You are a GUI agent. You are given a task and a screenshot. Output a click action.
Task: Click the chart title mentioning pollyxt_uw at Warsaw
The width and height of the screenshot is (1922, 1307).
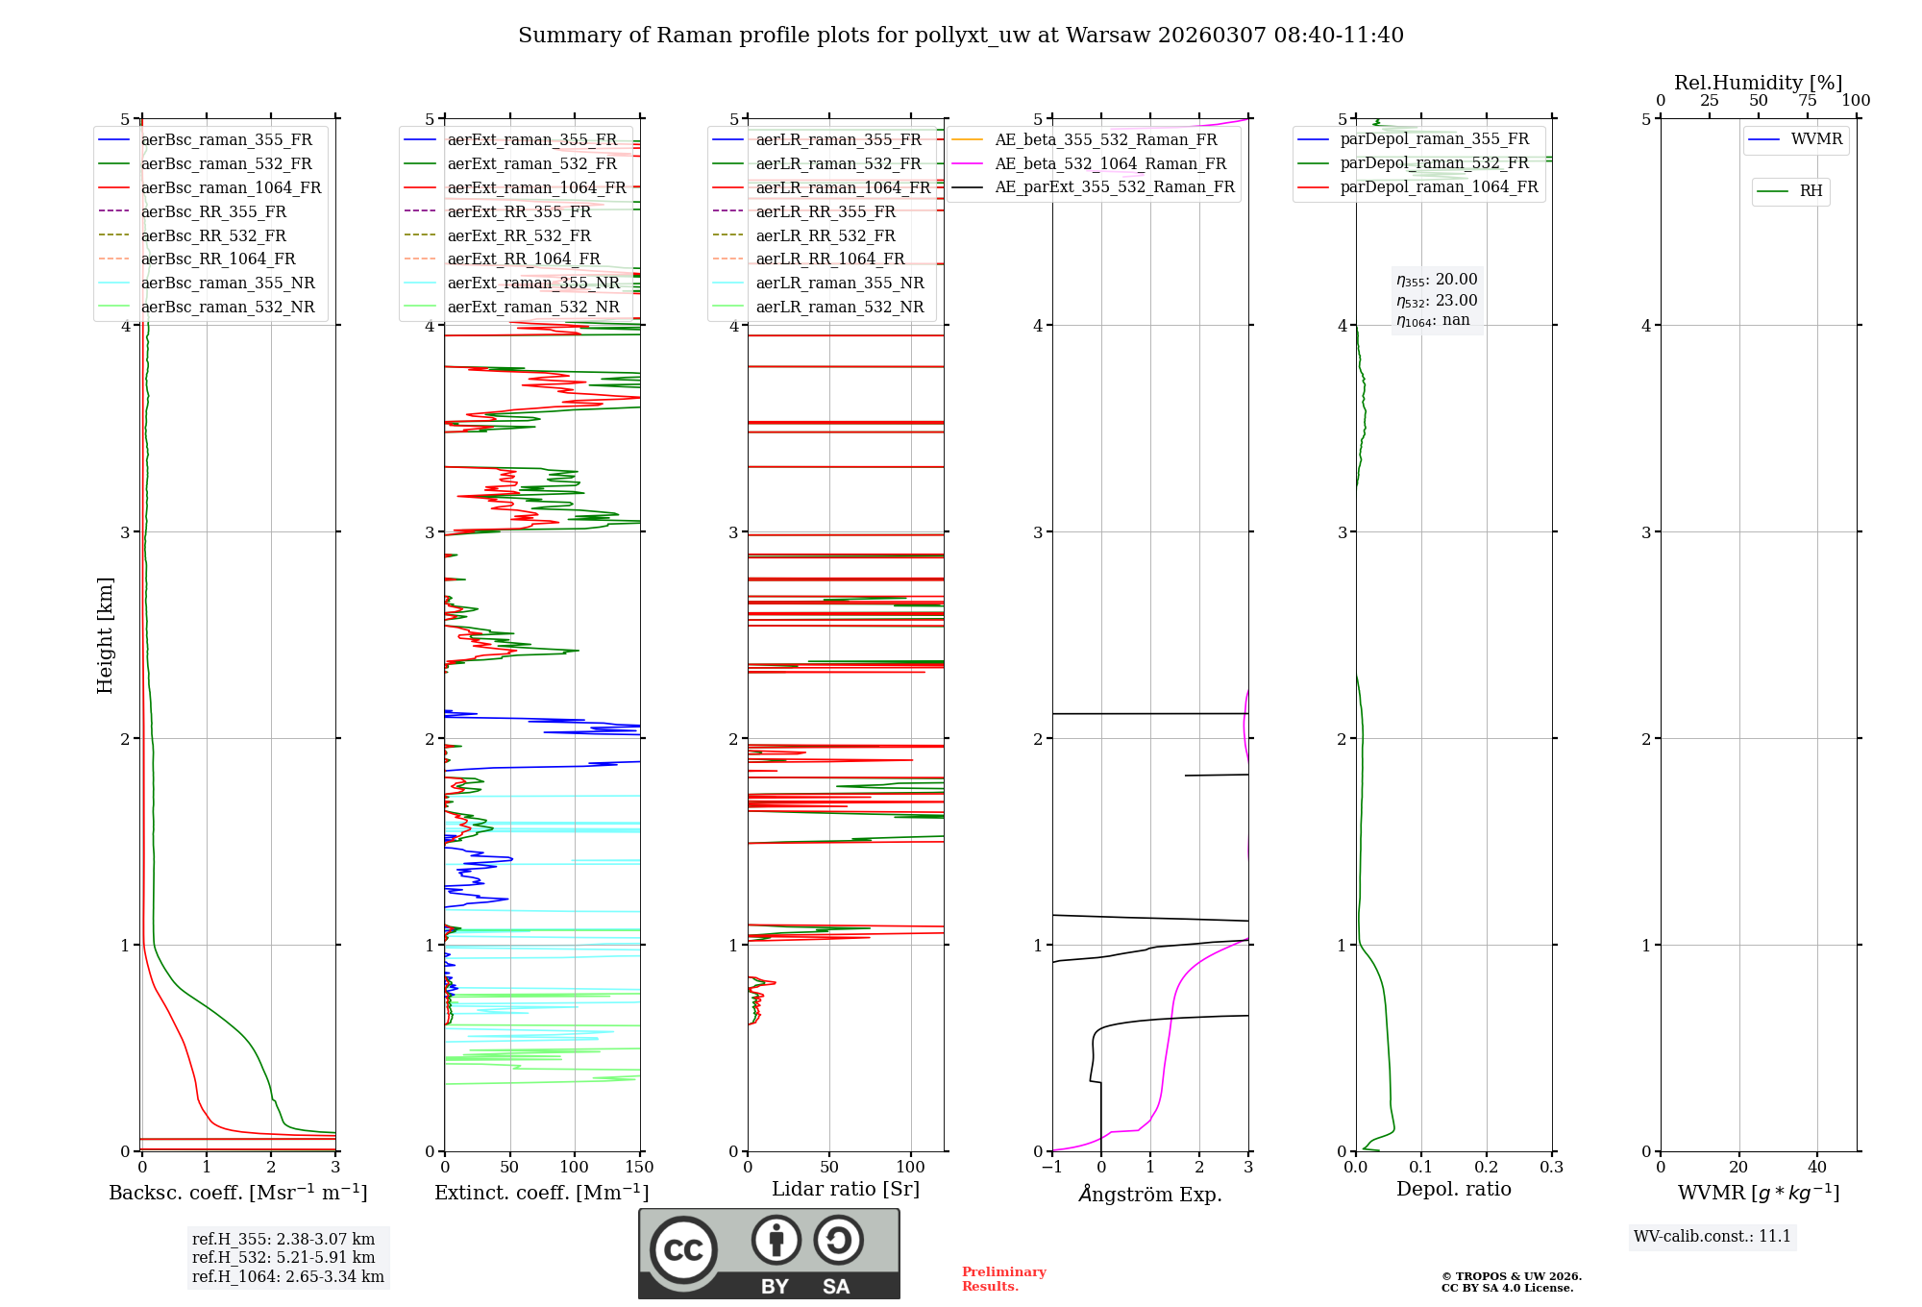960,36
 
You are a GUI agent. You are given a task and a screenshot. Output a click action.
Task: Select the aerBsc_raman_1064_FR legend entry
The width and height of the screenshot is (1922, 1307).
231,187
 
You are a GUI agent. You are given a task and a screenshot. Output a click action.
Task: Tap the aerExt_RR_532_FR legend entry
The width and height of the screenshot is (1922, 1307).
519,235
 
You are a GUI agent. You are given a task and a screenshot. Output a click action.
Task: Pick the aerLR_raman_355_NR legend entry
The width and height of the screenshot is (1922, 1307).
839,283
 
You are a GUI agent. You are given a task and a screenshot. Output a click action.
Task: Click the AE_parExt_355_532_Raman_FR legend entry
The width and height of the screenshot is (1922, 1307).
1114,186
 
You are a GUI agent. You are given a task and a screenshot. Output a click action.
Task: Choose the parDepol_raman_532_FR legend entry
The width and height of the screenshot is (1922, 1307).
1434,163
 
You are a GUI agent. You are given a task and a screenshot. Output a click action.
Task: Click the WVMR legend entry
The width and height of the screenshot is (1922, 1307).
1815,139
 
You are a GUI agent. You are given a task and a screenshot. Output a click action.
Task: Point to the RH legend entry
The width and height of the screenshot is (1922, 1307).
1811,191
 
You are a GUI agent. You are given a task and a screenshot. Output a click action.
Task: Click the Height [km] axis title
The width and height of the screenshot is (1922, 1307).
105,635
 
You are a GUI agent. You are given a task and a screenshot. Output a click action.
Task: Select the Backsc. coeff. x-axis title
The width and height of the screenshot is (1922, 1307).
237,1193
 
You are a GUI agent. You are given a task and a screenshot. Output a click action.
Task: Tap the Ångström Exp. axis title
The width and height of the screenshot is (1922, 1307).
1150,1195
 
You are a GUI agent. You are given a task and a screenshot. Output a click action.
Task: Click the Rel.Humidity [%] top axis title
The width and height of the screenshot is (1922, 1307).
1758,83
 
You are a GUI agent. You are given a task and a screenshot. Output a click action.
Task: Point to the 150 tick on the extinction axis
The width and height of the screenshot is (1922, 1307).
639,1168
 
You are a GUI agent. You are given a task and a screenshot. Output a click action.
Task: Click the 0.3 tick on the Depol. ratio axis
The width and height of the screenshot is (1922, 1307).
1551,1168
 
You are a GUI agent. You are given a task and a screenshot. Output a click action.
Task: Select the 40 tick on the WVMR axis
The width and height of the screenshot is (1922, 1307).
1816,1168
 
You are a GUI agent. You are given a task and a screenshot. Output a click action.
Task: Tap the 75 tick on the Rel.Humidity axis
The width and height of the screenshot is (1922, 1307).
1807,101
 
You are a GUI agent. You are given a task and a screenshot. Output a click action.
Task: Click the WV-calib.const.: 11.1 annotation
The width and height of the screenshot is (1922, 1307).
1713,1236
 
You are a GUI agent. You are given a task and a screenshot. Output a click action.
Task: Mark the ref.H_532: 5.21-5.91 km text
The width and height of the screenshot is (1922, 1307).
283,1257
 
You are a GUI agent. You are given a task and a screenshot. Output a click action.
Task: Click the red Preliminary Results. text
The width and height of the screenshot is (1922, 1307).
1003,1279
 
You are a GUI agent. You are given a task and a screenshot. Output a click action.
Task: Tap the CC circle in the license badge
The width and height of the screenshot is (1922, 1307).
683,1250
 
